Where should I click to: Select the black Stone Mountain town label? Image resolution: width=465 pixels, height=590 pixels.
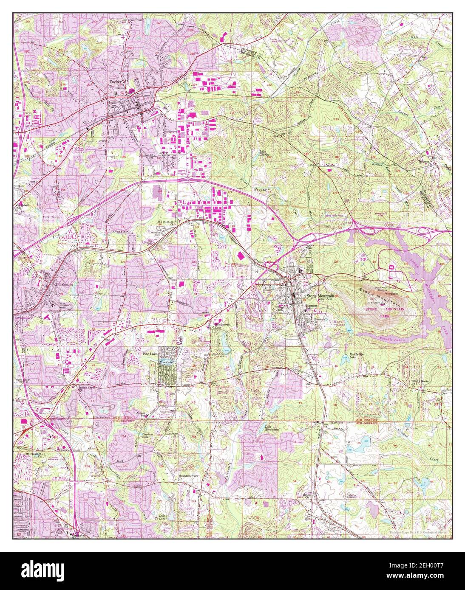[320, 296]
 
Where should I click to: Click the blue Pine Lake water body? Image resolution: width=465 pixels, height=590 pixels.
[166, 362]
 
